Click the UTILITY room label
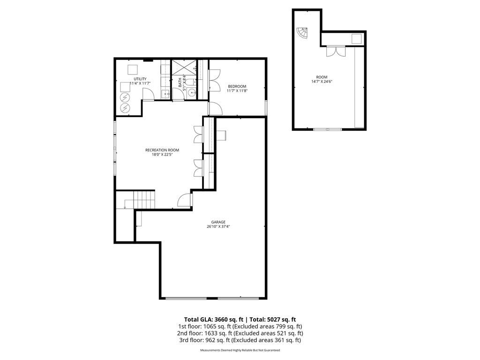[140, 79]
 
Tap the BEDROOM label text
[237, 86]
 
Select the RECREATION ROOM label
[162, 150]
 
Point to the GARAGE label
[218, 222]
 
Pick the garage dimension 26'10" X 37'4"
[218, 227]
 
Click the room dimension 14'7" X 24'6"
[322, 82]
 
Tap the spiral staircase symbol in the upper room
[302, 33]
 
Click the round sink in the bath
[192, 93]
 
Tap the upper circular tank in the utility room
[125, 97]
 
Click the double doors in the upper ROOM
[336, 51]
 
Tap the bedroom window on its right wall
[266, 107]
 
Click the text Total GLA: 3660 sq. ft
[209, 319]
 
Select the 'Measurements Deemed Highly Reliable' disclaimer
[240, 350]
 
